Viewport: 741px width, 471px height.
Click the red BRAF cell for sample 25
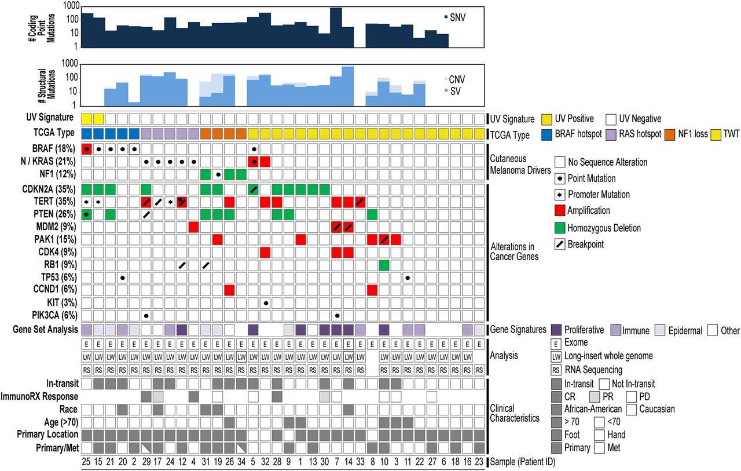pos(87,149)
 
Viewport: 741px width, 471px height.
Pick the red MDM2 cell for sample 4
pos(194,227)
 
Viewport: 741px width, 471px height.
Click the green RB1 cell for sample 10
pos(384,265)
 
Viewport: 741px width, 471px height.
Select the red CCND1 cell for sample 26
pos(229,290)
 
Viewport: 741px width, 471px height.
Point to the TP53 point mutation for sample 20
pos(123,278)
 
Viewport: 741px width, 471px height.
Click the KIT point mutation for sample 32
pos(265,302)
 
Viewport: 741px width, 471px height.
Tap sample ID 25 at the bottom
pos(87,461)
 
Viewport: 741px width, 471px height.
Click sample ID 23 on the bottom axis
pos(479,461)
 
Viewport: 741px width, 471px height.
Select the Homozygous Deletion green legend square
pos(560,228)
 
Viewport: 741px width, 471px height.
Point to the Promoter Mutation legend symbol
pos(560,195)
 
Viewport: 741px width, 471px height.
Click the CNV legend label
pos(457,80)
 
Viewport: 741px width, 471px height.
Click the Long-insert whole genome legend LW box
pos(556,356)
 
